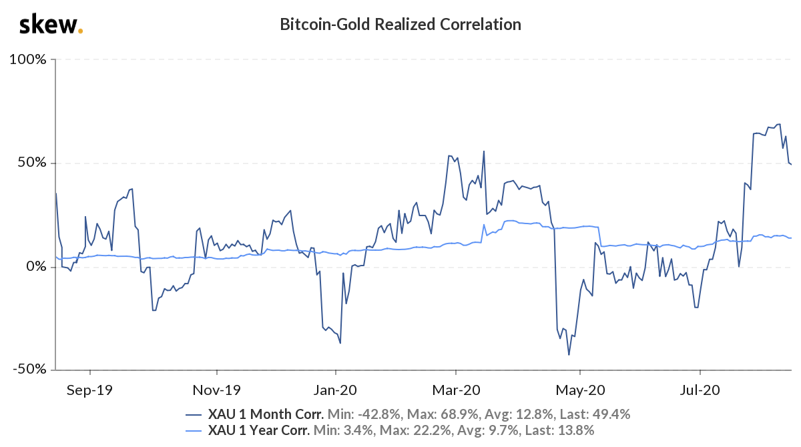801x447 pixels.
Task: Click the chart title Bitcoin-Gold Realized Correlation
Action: (x=400, y=25)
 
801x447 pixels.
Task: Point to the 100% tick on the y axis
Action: (x=27, y=59)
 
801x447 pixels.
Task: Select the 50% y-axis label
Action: (x=31, y=163)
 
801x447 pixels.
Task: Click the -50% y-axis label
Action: (x=29, y=370)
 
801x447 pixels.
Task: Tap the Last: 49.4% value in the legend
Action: (x=596, y=414)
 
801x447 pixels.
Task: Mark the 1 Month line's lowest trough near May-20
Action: (x=569, y=354)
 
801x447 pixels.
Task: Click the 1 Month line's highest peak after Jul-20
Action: (x=779, y=124)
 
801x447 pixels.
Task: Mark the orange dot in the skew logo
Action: (x=81, y=31)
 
